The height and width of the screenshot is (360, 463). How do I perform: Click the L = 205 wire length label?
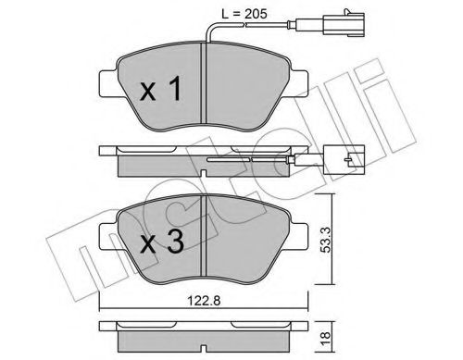tap(244, 14)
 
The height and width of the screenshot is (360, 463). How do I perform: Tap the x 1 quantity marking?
tap(161, 89)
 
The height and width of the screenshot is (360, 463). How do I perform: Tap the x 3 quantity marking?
tap(161, 242)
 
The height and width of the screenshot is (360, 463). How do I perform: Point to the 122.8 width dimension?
tap(204, 301)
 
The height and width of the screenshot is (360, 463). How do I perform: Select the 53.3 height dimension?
tap(325, 239)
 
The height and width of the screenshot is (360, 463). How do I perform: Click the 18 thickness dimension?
tap(325, 338)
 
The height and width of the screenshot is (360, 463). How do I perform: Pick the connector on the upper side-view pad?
tap(344, 160)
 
